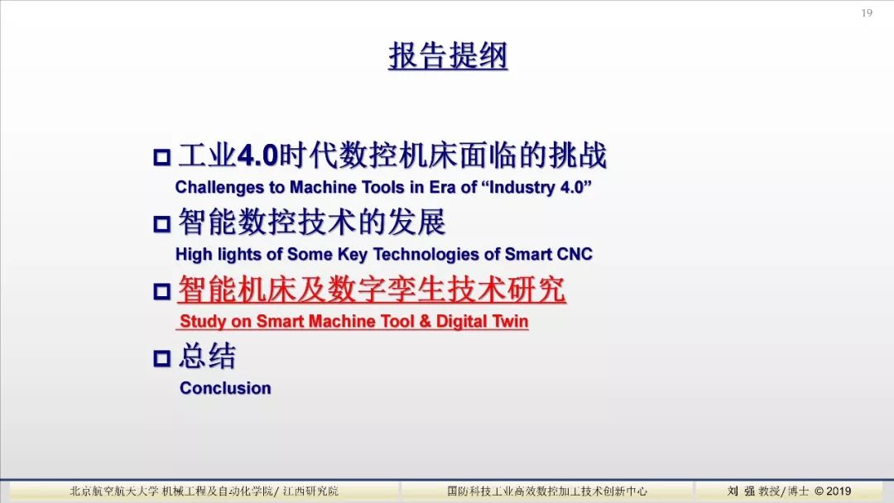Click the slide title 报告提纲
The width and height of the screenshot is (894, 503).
click(x=448, y=55)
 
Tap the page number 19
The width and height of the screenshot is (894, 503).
click(x=867, y=12)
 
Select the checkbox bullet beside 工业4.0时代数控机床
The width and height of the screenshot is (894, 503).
click(x=162, y=156)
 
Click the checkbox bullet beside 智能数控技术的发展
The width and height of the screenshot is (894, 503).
click(x=162, y=223)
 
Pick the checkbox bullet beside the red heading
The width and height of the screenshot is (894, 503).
click(x=162, y=291)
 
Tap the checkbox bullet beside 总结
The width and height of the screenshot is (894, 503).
click(x=162, y=357)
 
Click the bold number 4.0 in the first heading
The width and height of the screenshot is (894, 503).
click(x=257, y=156)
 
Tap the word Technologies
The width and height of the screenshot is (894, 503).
click(x=426, y=255)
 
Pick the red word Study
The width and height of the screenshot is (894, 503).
click(x=203, y=322)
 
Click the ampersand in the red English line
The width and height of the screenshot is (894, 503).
click(x=425, y=321)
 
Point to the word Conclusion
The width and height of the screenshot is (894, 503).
click(x=225, y=388)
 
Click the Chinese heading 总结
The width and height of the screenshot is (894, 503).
click(x=207, y=357)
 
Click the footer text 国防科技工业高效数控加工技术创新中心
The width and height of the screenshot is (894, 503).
click(x=547, y=491)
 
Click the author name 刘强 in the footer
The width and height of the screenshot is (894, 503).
click(x=741, y=491)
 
